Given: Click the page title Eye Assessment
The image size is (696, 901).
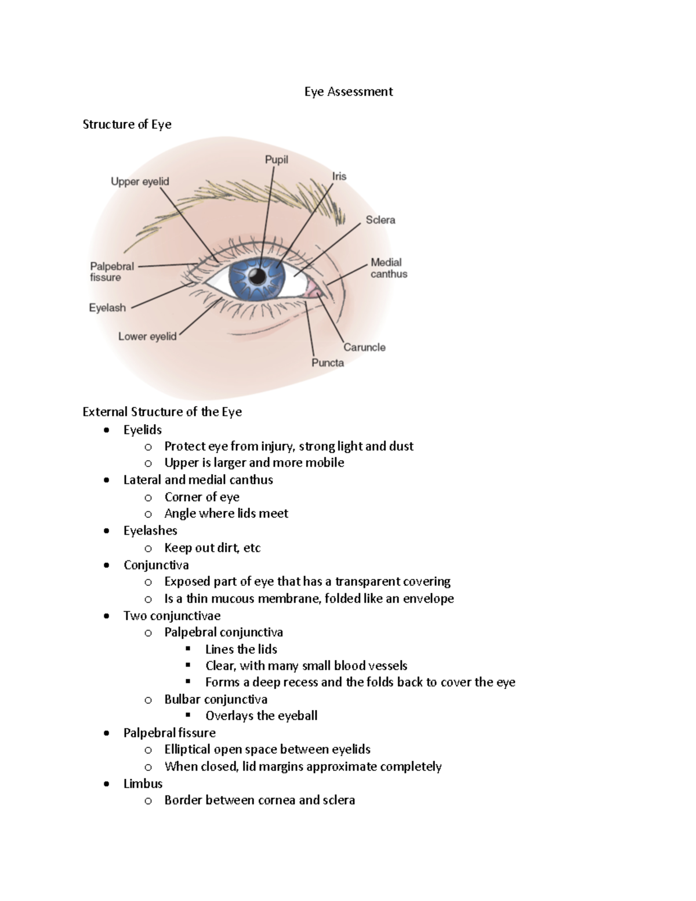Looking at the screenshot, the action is pyautogui.click(x=349, y=92).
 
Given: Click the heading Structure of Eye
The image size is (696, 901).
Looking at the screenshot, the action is pyautogui.click(x=127, y=124).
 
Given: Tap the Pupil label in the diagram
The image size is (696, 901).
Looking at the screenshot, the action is pyautogui.click(x=276, y=160).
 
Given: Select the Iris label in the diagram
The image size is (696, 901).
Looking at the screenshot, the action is pyautogui.click(x=339, y=176).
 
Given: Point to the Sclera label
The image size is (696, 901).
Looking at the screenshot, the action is pyautogui.click(x=380, y=220).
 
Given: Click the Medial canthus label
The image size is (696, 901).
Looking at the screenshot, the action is pyautogui.click(x=389, y=268).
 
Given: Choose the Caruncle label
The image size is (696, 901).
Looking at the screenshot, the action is pyautogui.click(x=364, y=347).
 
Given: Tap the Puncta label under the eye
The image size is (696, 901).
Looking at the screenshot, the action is pyautogui.click(x=328, y=363).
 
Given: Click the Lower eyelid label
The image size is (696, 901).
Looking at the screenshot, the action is pyautogui.click(x=147, y=336).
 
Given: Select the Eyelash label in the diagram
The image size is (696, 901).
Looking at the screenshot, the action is pyautogui.click(x=107, y=307).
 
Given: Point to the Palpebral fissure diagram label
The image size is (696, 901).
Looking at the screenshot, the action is pyautogui.click(x=111, y=272).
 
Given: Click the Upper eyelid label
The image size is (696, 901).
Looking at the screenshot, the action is pyautogui.click(x=140, y=182).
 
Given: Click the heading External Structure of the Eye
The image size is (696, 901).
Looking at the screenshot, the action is pyautogui.click(x=162, y=412).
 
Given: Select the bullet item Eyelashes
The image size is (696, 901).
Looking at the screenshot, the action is pyautogui.click(x=150, y=530).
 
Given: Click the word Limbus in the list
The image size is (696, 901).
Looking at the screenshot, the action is pyautogui.click(x=143, y=783).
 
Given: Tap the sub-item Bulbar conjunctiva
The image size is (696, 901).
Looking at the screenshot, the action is pyautogui.click(x=216, y=699).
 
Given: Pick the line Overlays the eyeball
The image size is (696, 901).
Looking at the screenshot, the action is pyautogui.click(x=261, y=715).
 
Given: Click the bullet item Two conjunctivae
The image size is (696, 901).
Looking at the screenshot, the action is pyautogui.click(x=172, y=616).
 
